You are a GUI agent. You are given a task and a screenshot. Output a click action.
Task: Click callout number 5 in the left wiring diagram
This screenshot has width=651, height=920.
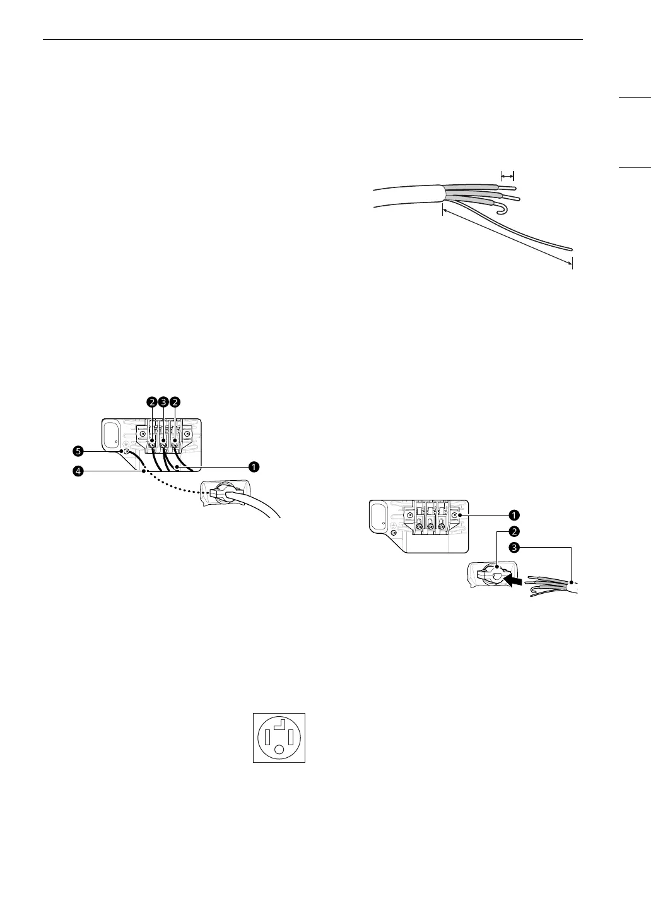pos(78,451)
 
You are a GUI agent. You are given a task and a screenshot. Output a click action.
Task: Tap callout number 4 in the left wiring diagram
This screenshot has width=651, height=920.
pos(78,471)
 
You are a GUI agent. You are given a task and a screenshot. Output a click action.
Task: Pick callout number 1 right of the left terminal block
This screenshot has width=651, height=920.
pos(252,467)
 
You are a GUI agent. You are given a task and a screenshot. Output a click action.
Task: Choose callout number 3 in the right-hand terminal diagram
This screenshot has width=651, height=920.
pos(514,548)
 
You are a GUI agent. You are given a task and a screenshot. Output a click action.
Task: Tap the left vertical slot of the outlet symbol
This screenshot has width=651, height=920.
pos(267,736)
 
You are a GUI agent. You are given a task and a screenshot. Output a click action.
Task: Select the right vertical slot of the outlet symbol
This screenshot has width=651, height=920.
pos(292,736)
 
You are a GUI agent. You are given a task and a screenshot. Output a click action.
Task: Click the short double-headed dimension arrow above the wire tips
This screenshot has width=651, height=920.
pos(507,177)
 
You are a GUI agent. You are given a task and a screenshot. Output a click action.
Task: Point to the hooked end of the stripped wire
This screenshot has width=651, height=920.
pos(502,208)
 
